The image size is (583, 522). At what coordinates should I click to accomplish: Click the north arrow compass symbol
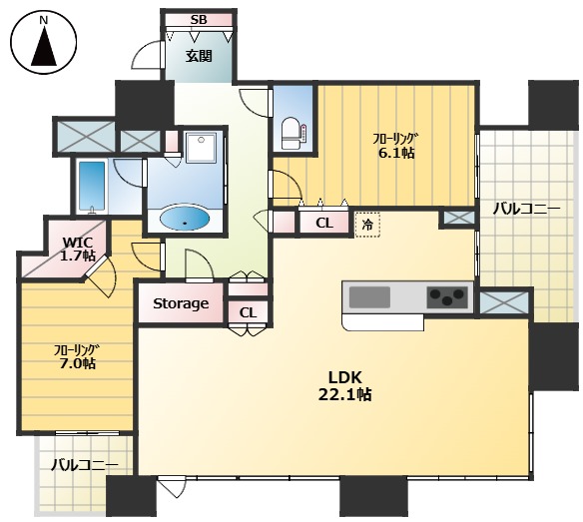pyautogui.click(x=44, y=41)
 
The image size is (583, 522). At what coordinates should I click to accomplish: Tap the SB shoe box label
pyautogui.click(x=199, y=19)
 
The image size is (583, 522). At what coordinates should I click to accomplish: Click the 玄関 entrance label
pyautogui.click(x=199, y=56)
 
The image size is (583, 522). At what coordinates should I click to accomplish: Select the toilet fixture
pyautogui.click(x=293, y=133)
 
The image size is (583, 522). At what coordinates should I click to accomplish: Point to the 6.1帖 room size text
pyautogui.click(x=396, y=153)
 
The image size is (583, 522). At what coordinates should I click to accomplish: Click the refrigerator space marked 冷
pyautogui.click(x=367, y=225)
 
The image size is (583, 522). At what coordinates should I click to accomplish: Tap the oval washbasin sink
pyautogui.click(x=184, y=218)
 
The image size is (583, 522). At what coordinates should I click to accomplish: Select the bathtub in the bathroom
pyautogui.click(x=92, y=187)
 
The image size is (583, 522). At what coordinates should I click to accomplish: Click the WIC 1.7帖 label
pyautogui.click(x=79, y=249)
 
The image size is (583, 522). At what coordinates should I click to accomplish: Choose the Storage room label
pyautogui.click(x=181, y=303)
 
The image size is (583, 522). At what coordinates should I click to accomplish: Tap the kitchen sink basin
pyautogui.click(x=369, y=297)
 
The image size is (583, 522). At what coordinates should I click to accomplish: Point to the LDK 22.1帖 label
pyautogui.click(x=344, y=385)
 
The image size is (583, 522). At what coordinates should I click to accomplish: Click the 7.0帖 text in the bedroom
pyautogui.click(x=77, y=363)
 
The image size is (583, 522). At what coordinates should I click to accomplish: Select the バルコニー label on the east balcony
pyautogui.click(x=526, y=210)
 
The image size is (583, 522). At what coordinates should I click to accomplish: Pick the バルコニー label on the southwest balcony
pyautogui.click(x=85, y=465)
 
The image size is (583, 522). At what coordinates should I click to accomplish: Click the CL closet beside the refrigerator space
pyautogui.click(x=324, y=224)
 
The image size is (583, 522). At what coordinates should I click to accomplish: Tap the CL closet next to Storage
pyautogui.click(x=248, y=312)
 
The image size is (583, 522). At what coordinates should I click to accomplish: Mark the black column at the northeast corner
pyautogui.click(x=554, y=105)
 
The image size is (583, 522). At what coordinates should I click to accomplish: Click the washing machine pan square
pyautogui.click(x=201, y=147)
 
